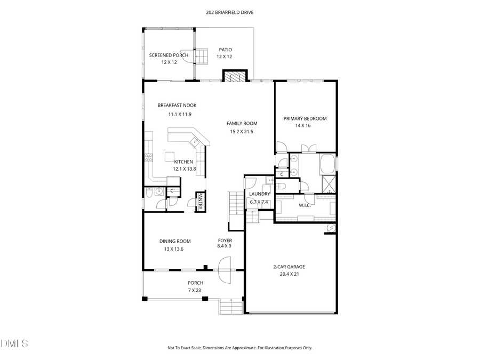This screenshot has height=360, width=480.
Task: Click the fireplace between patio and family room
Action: pos(235,77)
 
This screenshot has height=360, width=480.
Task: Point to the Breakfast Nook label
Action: pos(177,106)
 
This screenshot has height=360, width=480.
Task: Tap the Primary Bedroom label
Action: pos(305,118)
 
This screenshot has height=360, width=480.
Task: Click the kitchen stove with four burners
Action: pos(149,157)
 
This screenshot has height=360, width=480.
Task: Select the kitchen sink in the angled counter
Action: pos(196,142)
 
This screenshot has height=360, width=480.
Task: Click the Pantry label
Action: pos(201,202)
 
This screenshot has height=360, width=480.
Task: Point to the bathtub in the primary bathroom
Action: pos(327,163)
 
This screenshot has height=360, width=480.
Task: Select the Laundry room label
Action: pos(259,194)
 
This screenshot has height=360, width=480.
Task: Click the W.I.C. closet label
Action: pos(305,205)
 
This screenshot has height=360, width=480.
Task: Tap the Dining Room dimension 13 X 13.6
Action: pos(174,249)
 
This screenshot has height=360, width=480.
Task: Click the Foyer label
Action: pos(225,240)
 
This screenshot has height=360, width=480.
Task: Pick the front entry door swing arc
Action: pos(224,265)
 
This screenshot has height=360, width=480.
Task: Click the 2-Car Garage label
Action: pos(289,267)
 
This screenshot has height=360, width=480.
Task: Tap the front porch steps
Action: pos(231,307)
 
